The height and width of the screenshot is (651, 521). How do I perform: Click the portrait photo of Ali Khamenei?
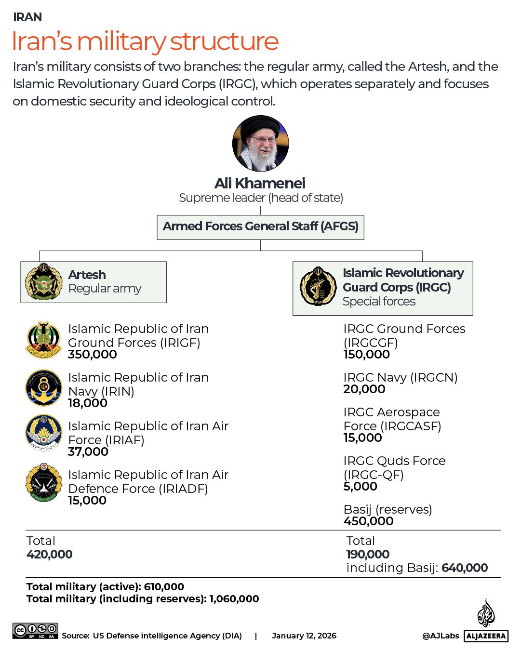[x=260, y=143]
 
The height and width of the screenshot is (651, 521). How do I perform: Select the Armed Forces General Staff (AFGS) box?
[x=260, y=227]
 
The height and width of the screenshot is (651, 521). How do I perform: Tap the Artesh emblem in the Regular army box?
[x=44, y=282]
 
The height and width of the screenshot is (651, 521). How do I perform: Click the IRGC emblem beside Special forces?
[x=318, y=287]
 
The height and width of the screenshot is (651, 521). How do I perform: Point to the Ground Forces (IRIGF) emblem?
[x=43, y=340]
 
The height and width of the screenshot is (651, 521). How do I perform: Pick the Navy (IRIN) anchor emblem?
[x=43, y=388]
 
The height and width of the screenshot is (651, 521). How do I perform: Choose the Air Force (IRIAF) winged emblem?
[x=43, y=433]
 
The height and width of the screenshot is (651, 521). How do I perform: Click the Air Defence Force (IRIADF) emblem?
[x=43, y=482]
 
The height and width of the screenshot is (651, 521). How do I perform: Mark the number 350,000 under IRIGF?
[x=93, y=355]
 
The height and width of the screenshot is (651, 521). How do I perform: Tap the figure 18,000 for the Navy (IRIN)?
[x=88, y=403]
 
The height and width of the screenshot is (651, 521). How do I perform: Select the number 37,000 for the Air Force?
[x=88, y=452]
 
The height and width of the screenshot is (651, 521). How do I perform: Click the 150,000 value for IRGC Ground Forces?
[x=366, y=355]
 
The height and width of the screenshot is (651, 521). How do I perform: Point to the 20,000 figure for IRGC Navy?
[x=364, y=389]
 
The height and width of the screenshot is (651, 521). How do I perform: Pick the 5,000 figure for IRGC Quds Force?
[x=360, y=487]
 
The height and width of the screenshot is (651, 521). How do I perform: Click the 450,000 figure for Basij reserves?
[x=368, y=521]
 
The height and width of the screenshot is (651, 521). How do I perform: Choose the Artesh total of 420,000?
[x=50, y=555]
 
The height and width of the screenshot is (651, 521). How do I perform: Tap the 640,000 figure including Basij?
[x=465, y=568]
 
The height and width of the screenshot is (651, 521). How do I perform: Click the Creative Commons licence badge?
[x=36, y=631]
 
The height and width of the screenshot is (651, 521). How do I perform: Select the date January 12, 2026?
[x=304, y=636]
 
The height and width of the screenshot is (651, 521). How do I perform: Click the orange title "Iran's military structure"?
[x=145, y=41]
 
